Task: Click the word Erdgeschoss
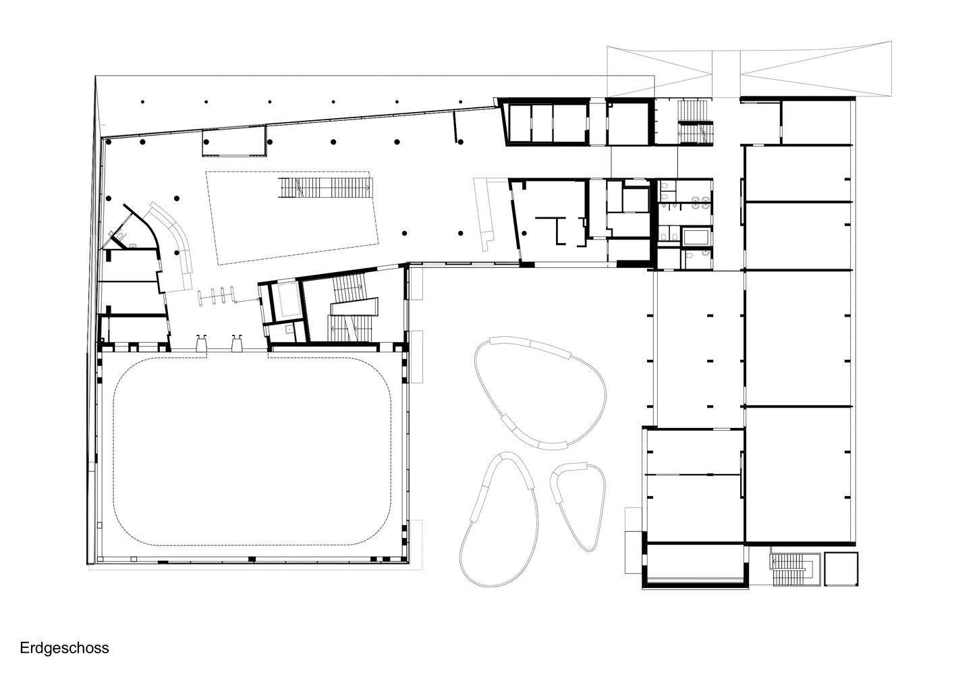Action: pyautogui.click(x=64, y=648)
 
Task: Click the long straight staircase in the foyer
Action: pyautogui.click(x=326, y=188)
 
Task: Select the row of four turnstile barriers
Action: pyautogui.click(x=217, y=296)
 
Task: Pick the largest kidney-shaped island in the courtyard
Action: pyautogui.click(x=540, y=394)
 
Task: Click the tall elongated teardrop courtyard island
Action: pyautogui.click(x=499, y=520)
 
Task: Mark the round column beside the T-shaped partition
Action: pyautogui.click(x=525, y=233)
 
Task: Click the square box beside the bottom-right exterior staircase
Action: pyautogui.click(x=841, y=569)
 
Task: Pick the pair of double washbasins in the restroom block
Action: pyautogui.click(x=700, y=203)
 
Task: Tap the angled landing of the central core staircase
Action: pyautogui.click(x=354, y=307)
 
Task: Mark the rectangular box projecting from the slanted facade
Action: pyautogui.click(x=234, y=141)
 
